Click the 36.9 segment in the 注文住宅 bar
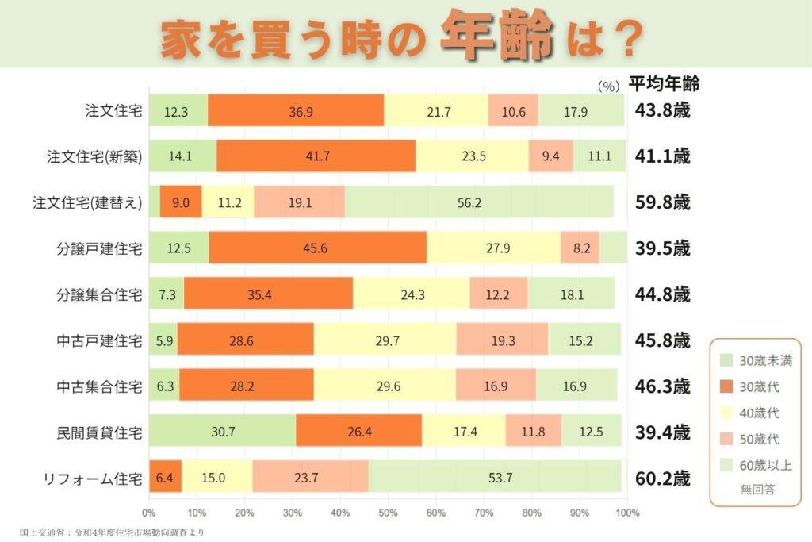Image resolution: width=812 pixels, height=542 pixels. [x=297, y=110]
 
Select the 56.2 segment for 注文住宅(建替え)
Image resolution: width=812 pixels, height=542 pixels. [x=479, y=202]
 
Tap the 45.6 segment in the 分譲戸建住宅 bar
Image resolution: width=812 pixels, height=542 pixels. [x=317, y=248]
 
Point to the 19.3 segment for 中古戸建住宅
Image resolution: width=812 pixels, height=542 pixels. [x=501, y=340]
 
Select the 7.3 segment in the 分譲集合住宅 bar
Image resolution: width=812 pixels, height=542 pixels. [x=167, y=294]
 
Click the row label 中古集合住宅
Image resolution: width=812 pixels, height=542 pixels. [x=100, y=386]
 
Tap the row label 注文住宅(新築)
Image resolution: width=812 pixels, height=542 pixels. [x=94, y=156]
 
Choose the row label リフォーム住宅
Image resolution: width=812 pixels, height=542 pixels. [x=94, y=479]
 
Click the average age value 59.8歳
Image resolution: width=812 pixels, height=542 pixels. [x=662, y=202]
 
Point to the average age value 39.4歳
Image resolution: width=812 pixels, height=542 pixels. [x=662, y=432]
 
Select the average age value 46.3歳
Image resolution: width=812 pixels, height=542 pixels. [x=662, y=386]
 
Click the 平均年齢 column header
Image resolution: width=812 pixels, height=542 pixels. [x=663, y=83]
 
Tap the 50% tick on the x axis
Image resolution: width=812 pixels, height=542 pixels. [x=388, y=513]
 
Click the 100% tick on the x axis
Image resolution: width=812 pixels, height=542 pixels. [x=626, y=513]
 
